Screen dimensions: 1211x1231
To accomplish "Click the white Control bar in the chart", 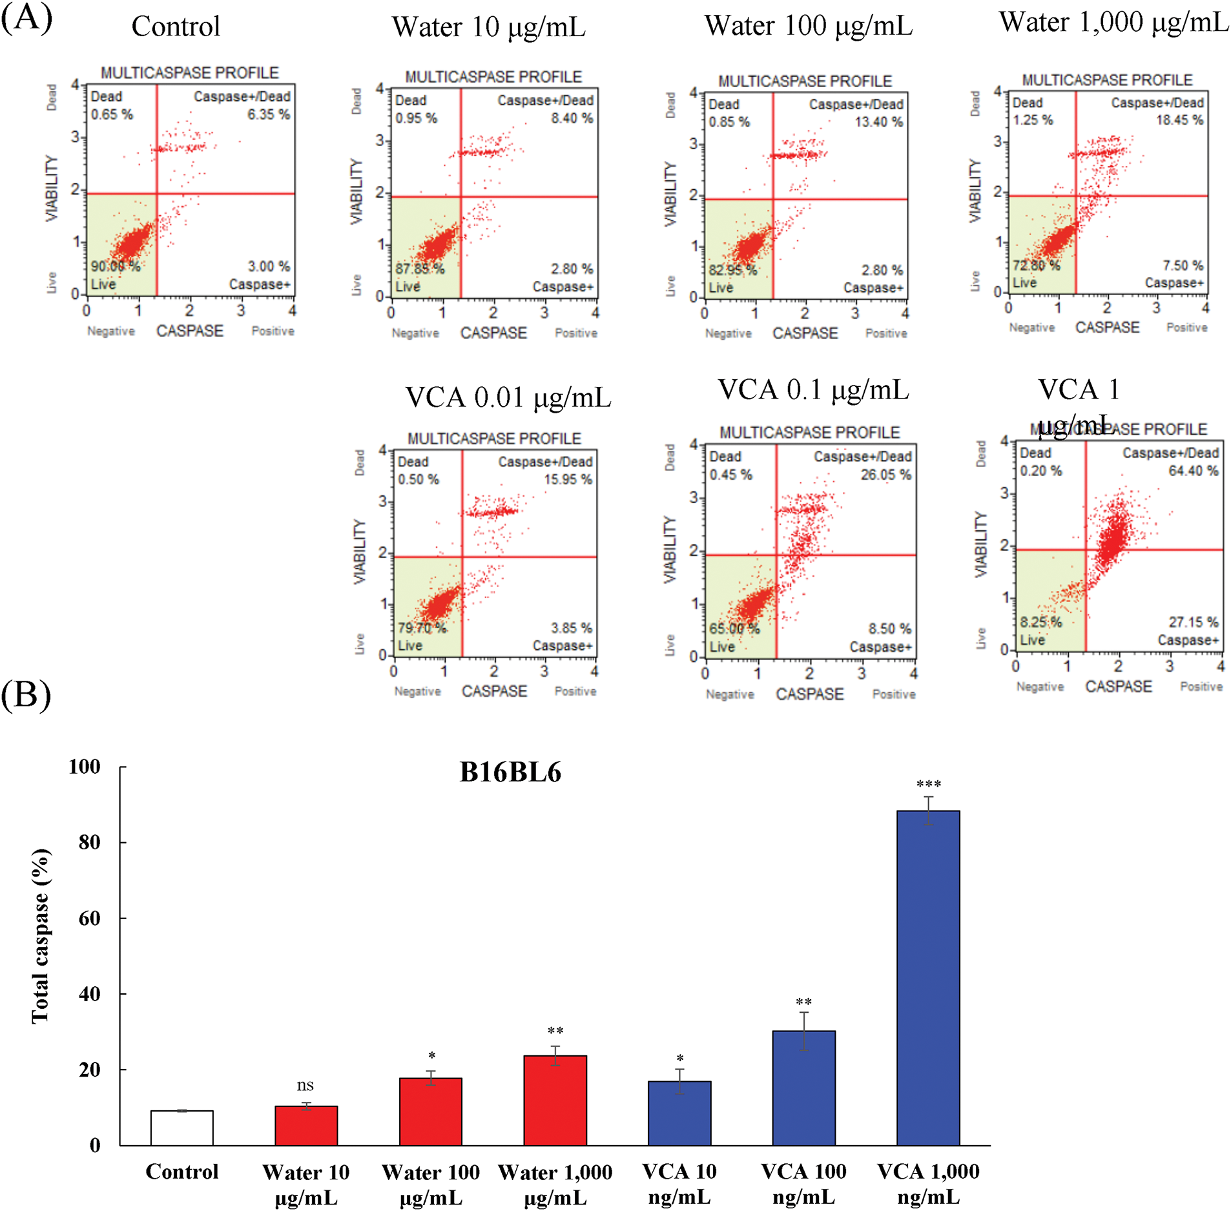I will pos(182,1128).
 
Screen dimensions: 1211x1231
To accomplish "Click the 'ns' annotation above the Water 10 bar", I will pos(305,1086).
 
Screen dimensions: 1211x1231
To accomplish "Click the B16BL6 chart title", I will pos(510,772).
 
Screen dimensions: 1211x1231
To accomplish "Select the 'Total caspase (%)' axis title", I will pos(40,936).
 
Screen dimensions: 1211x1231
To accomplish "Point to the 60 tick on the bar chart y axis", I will pos(89,918).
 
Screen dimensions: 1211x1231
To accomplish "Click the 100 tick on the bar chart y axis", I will pos(85,767).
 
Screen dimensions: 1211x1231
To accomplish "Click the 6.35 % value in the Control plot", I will pos(269,114).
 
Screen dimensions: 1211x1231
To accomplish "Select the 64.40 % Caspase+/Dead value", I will pos(1194,471).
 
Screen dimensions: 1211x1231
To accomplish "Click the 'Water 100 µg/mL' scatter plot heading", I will pos(809,26).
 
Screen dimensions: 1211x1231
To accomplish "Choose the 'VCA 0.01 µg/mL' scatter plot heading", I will pos(508,397).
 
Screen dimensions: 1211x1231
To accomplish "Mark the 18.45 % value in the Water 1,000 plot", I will pos(1179,120).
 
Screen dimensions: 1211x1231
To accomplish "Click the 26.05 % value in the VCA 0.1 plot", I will pos(885,475).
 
